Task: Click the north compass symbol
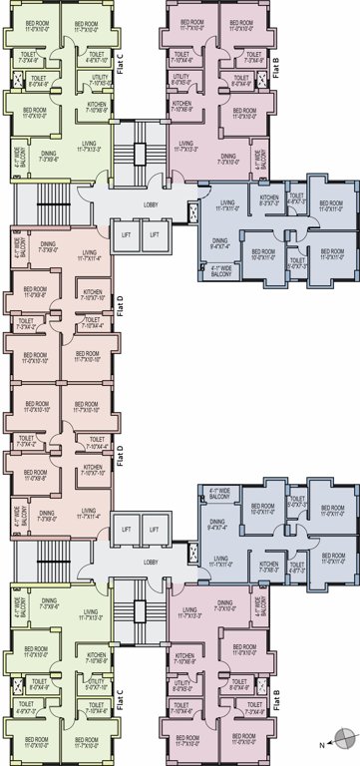(x=343, y=739)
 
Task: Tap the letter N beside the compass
(x=321, y=745)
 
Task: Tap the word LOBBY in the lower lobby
(x=151, y=563)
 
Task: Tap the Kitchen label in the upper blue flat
(x=270, y=200)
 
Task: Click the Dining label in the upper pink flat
(x=228, y=157)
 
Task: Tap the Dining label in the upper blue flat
(x=220, y=241)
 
